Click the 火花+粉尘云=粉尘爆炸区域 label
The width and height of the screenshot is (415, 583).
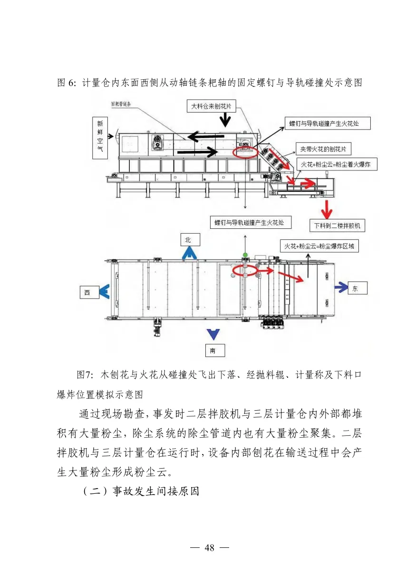tap(319, 246)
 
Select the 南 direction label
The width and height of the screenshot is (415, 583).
tap(214, 351)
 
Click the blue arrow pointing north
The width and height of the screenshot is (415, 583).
tap(189, 253)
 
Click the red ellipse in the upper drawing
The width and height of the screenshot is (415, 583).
tap(245, 151)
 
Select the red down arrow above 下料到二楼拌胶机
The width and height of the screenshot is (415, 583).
tap(327, 208)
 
